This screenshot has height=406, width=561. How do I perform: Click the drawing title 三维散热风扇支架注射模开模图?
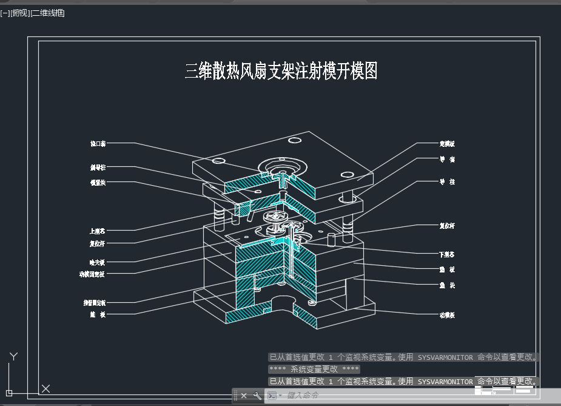pos(281,71)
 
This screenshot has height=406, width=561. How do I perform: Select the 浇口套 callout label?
pos(98,144)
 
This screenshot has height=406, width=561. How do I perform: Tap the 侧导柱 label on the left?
pos(98,167)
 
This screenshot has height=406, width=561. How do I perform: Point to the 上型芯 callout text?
pos(98,231)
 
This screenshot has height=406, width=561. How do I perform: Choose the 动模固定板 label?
pos(92,274)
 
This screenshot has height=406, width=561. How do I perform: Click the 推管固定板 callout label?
pos(94,302)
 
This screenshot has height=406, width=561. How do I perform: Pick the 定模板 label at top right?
pos(447,144)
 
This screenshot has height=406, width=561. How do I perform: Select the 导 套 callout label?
pos(447,160)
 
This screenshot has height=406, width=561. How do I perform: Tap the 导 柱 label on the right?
pos(447,181)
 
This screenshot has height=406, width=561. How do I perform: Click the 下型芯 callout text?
pos(447,254)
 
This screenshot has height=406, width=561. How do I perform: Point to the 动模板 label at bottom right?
pos(447,315)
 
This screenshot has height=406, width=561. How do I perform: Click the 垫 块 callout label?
pos(447,285)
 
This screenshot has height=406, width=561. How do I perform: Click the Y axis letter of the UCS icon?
pos(14,356)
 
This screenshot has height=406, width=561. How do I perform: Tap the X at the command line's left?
pos(244,396)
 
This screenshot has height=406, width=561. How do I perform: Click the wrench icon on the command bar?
pos(257,396)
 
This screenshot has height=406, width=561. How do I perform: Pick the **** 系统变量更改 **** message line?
pos(314,369)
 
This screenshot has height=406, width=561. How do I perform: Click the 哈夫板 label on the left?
pos(97,262)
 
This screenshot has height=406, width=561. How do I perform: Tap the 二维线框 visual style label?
pos(48,13)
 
